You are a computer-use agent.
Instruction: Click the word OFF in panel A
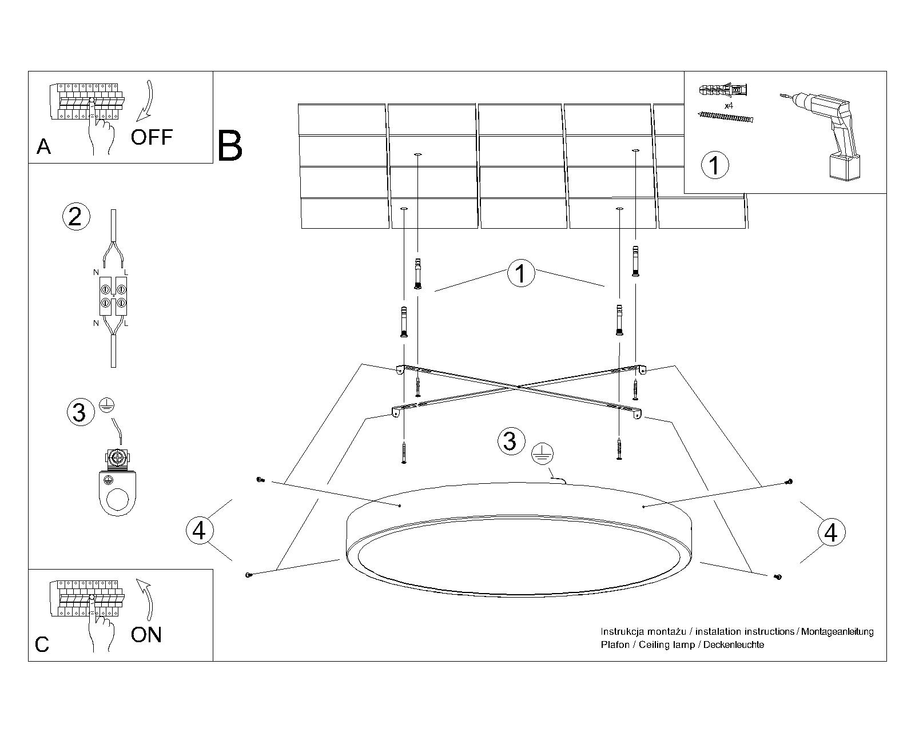pyautogui.click(x=151, y=137)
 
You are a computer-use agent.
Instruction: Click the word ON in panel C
pyautogui.click(x=146, y=635)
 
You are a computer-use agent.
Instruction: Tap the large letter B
pyautogui.click(x=230, y=146)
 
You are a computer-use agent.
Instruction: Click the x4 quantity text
pyautogui.click(x=729, y=106)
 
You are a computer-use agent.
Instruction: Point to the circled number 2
pyautogui.click(x=75, y=217)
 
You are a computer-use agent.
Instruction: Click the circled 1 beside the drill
pyautogui.click(x=714, y=165)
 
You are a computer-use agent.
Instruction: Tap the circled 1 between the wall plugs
pyautogui.click(x=520, y=273)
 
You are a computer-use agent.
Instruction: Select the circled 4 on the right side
pyautogui.click(x=831, y=532)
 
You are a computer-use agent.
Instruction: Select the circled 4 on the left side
pyautogui.click(x=199, y=530)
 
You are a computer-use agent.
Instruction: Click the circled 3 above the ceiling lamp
pyautogui.click(x=510, y=441)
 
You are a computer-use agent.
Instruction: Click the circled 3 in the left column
pyautogui.click(x=79, y=412)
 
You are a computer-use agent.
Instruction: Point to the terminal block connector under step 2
pyautogui.click(x=113, y=296)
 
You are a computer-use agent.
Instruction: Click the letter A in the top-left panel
pyautogui.click(x=43, y=147)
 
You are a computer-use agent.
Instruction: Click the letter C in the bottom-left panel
pyautogui.click(x=42, y=645)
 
